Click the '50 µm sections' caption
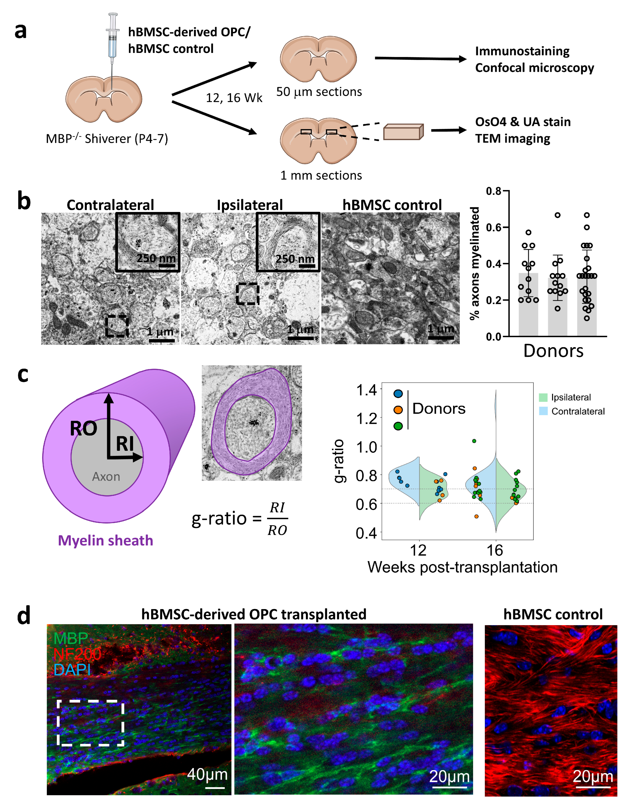319,92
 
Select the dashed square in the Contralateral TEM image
117,326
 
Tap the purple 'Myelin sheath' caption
106,540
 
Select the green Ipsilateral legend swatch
543,397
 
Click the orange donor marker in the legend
398,410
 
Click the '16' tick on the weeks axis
495,551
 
